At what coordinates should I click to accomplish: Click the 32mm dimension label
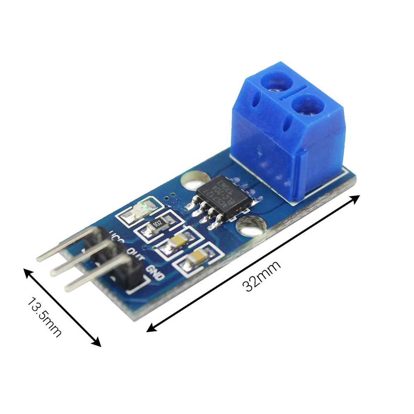point(262,276)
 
